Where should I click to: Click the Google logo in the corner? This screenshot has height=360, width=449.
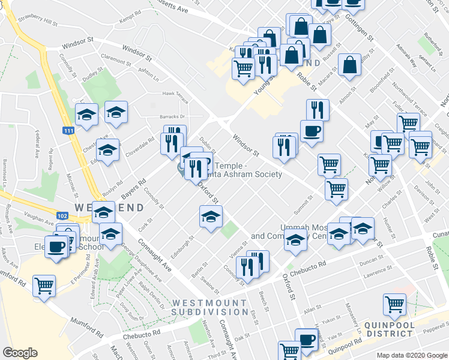20,353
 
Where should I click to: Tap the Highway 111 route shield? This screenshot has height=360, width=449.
68,130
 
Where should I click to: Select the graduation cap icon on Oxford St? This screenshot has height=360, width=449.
211,217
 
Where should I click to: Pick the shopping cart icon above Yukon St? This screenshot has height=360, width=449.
394,304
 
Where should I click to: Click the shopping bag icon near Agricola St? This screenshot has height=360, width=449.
349,65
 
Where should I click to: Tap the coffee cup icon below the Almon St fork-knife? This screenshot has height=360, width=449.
312,130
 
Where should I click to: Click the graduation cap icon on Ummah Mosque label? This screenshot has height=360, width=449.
295,241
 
